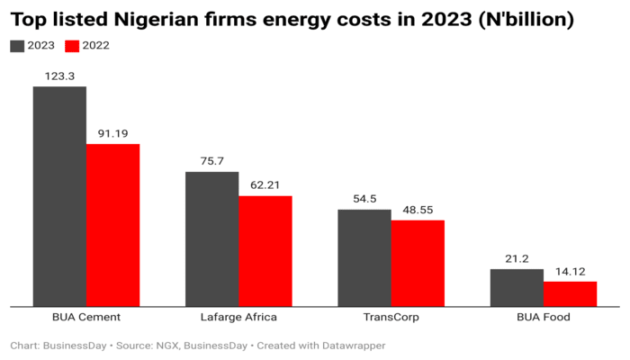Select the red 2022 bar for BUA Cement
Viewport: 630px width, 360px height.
[x=112, y=225]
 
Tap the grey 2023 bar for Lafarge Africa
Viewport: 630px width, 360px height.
[x=211, y=238]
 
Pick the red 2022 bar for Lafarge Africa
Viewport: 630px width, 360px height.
[x=265, y=251]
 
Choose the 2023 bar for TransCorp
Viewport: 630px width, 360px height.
[x=364, y=257]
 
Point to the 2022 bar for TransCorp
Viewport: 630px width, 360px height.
[x=418, y=263]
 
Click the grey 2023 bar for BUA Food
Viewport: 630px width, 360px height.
[x=517, y=287]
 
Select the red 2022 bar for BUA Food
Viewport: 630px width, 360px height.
[x=570, y=293]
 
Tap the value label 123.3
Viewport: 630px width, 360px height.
[x=59, y=76]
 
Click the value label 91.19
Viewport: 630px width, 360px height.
[x=112, y=134]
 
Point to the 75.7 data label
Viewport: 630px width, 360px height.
[x=211, y=162]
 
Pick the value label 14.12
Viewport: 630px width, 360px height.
[x=570, y=272]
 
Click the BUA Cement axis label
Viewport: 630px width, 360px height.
[x=86, y=318]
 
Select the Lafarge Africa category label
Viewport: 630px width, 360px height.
[x=238, y=318]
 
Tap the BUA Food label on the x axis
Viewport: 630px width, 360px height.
[x=543, y=318]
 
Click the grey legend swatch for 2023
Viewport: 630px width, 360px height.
[x=18, y=45]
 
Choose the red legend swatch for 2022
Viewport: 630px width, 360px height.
[x=72, y=45]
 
